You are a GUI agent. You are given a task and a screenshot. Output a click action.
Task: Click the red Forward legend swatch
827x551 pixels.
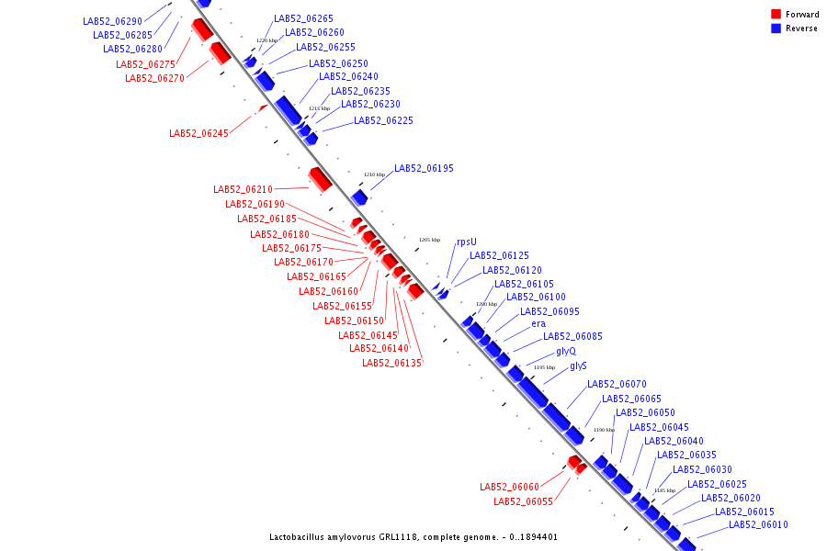(776, 14)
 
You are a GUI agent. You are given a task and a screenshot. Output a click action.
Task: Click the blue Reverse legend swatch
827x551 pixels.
(776, 28)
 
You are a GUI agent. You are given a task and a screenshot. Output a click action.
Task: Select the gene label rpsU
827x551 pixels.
(467, 242)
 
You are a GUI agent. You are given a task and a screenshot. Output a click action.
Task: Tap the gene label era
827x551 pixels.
(538, 323)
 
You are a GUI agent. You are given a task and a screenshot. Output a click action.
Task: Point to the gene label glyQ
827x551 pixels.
(566, 351)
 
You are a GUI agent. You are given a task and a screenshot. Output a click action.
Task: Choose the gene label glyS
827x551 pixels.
(578, 365)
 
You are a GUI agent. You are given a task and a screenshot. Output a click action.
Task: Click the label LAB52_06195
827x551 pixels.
(424, 169)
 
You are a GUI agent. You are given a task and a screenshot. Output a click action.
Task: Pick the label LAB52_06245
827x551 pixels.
(198, 133)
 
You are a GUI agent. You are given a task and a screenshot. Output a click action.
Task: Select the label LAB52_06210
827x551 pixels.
(243, 189)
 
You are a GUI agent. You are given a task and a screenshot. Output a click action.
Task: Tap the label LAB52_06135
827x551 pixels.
(391, 363)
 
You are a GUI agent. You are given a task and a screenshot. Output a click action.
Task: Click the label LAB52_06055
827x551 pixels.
(523, 501)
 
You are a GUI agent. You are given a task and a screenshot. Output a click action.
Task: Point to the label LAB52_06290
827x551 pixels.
(112, 21)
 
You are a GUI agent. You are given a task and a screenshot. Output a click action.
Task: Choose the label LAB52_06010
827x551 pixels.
(758, 525)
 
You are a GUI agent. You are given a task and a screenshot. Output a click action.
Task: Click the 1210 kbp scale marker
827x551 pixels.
(374, 174)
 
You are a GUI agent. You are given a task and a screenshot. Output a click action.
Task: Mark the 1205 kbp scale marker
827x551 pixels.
(429, 240)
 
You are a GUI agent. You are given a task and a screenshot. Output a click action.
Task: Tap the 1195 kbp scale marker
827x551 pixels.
(544, 367)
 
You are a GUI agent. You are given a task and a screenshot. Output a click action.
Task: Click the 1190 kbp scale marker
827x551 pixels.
(603, 430)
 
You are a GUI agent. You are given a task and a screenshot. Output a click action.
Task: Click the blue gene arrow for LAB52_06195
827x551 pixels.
(359, 197)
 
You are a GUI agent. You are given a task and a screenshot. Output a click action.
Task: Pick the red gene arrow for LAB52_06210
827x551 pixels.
(320, 179)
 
